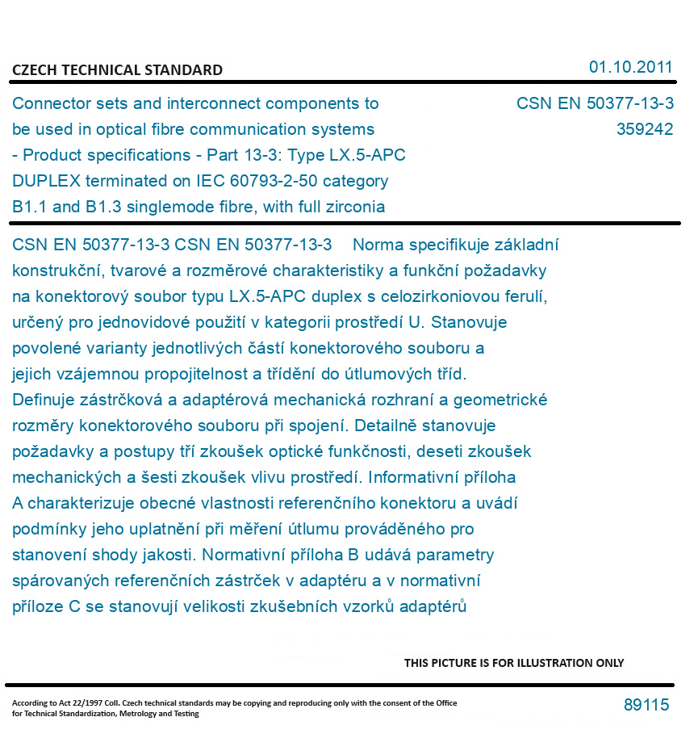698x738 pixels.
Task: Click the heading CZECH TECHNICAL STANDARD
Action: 117,70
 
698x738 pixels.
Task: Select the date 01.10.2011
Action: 630,67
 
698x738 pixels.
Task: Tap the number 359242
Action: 644,129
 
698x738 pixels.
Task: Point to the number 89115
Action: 646,705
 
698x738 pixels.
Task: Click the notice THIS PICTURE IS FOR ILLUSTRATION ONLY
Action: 514,663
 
